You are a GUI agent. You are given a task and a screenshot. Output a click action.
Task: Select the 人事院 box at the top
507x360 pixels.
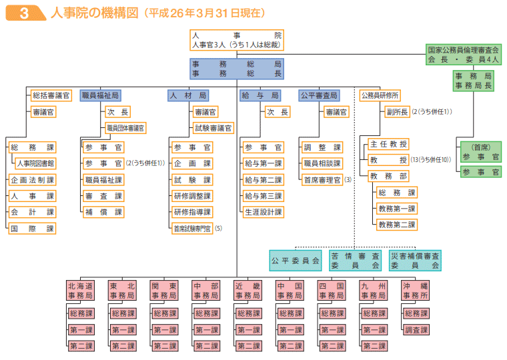236,40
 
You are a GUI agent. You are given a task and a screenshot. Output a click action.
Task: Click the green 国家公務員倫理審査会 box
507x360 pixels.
463,54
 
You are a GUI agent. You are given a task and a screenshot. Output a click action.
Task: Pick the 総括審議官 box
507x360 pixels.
51,95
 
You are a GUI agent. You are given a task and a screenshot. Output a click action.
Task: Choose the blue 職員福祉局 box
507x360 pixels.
100,95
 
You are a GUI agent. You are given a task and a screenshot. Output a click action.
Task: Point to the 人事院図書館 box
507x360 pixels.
35,163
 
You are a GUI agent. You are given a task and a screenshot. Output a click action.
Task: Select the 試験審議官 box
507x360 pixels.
213,127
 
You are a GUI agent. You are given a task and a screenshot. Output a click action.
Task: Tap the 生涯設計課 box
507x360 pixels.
263,212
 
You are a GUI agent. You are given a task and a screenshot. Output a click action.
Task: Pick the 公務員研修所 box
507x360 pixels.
380,95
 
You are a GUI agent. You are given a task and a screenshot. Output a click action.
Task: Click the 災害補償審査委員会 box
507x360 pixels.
416,260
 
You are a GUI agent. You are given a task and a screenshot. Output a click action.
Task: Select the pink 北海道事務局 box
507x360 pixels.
81,291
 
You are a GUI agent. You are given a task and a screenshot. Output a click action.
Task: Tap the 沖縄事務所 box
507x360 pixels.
415,291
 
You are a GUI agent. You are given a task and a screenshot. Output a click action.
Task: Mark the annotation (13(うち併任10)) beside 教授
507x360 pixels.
432,160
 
